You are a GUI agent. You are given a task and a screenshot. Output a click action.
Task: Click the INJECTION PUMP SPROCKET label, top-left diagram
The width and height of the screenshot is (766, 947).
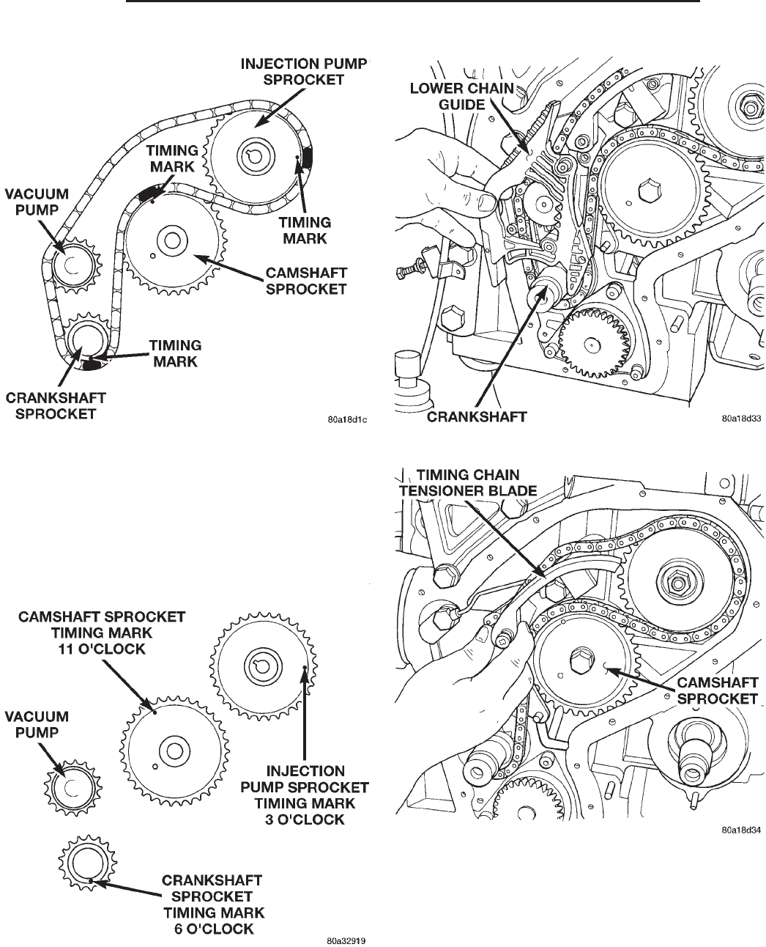(303, 72)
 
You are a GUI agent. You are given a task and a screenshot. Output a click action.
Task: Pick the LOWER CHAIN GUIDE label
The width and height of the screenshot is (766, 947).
(461, 97)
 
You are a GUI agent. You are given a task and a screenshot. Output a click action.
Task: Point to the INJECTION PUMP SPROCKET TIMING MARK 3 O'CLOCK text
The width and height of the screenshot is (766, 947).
(305, 795)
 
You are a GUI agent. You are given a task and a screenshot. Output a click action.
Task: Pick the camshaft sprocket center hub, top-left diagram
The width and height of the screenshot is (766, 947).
(171, 240)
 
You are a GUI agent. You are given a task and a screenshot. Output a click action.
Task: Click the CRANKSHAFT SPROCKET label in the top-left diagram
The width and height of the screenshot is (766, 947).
(56, 405)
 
